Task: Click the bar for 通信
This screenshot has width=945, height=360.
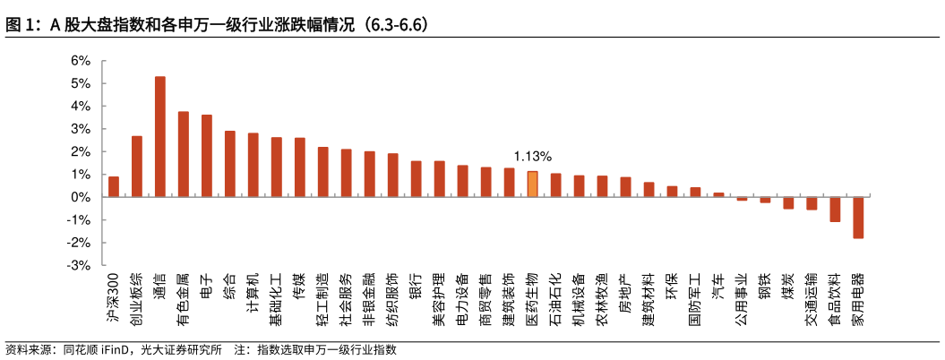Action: [x=159, y=136]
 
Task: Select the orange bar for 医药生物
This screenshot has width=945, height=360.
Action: [x=532, y=184]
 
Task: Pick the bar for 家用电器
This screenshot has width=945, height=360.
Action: [x=858, y=218]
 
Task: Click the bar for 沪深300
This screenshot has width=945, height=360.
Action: [x=114, y=186]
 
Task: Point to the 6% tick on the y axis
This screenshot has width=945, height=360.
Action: [x=80, y=61]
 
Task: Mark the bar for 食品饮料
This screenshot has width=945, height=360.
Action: [x=835, y=210]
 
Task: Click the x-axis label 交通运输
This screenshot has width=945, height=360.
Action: [x=812, y=303]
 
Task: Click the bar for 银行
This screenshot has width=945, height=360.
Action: [x=416, y=179]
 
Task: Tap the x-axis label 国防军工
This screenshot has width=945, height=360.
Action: [x=695, y=303]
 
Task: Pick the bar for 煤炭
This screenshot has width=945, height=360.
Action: [x=788, y=202]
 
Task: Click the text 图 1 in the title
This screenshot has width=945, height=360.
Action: [x=21, y=25]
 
